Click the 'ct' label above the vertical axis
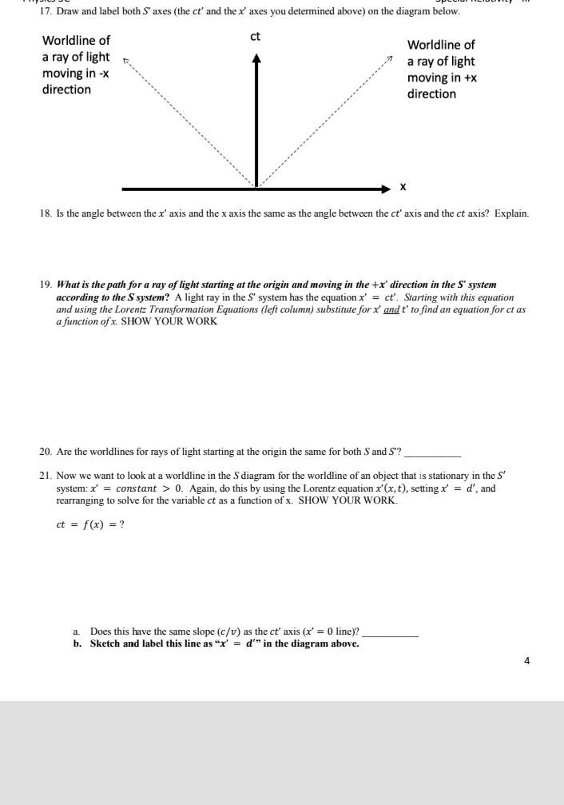256,37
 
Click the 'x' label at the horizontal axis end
403,186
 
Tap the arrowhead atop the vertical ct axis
256,59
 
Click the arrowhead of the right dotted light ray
389,59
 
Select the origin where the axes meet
256,188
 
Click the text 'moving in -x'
76,73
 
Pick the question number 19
45,284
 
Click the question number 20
45,452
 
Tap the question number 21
45,475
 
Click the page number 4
526,660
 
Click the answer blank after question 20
432,453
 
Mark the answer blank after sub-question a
390,632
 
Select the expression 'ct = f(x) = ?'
90,524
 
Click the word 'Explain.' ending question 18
512,213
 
